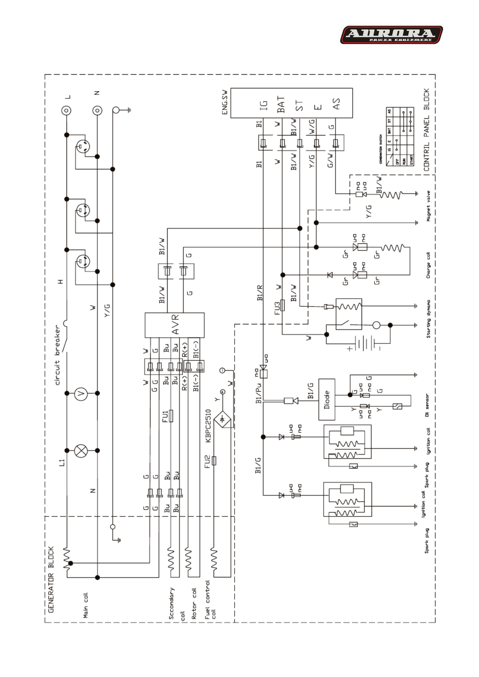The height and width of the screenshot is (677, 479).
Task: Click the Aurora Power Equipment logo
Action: pos(391,35)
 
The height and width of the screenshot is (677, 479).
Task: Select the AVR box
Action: pos(174,325)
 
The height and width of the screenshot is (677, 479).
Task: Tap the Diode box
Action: pos(327,399)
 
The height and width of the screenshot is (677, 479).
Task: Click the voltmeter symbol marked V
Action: pos(81,393)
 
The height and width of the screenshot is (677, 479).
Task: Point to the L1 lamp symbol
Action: pos(81,451)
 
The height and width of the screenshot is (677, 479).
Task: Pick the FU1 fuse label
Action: pos(165,416)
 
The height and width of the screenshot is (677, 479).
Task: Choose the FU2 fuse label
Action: pos(207,461)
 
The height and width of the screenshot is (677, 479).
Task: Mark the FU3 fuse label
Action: pos(277,308)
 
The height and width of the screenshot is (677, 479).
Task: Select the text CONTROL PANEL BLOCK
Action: pos(427,130)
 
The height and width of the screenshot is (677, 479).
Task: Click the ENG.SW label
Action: pos(225,102)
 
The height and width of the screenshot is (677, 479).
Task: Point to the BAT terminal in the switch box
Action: pos(281,104)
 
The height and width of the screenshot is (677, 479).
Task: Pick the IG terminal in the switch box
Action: pos(263,105)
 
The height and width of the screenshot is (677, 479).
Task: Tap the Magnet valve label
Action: pos(428,206)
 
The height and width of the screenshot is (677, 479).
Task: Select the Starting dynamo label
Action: pos(428,319)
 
